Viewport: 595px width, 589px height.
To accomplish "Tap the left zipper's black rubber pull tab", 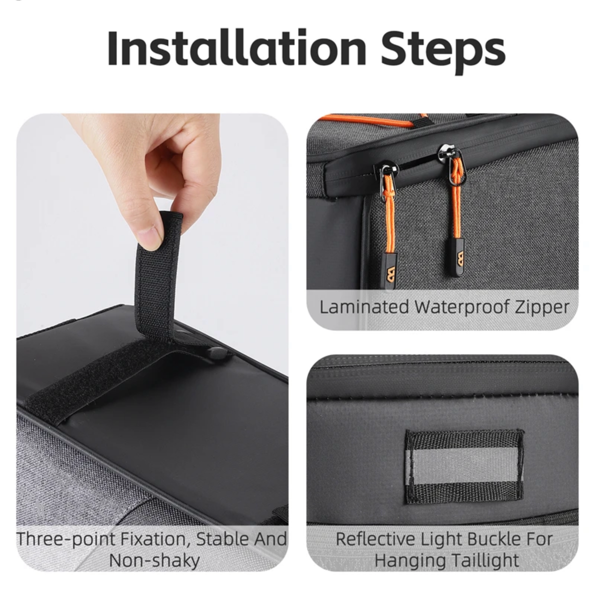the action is coord(390,271).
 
